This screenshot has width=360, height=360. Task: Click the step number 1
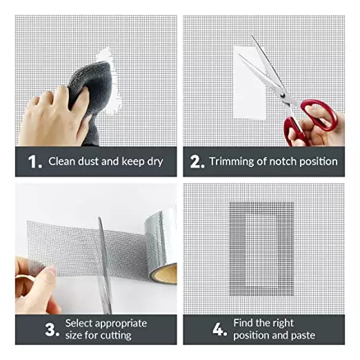coord(35,161)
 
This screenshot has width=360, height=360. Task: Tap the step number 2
coord(197,161)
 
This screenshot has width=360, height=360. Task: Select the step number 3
coord(52,330)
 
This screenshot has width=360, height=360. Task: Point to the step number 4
coord(220,329)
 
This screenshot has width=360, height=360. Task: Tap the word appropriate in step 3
coord(123,323)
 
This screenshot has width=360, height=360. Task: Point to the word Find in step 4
coord(242,323)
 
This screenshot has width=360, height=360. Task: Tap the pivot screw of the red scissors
coord(283,95)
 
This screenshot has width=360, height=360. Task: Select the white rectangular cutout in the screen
coord(250,83)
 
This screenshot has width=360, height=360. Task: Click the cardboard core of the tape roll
coord(165,273)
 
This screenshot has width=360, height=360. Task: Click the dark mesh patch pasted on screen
coord(261,249)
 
